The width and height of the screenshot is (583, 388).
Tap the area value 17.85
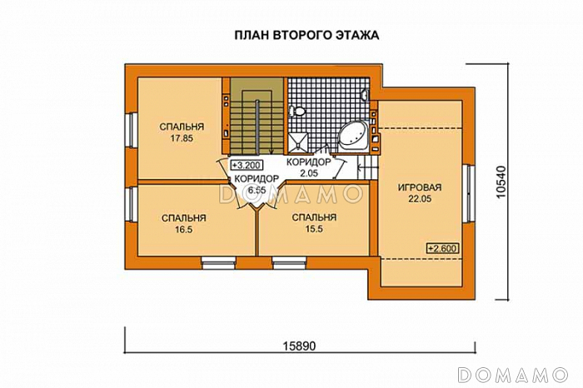[177, 139]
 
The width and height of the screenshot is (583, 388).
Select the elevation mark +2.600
[441, 248]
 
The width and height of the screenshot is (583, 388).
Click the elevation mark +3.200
[246, 165]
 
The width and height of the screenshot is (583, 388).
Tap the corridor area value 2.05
[309, 173]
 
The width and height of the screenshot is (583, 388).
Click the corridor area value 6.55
[256, 190]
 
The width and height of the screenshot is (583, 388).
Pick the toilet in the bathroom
[301, 110]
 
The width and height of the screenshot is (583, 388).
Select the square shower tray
[301, 139]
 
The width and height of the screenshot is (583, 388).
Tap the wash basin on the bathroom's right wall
[365, 95]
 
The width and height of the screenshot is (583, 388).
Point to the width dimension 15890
[301, 345]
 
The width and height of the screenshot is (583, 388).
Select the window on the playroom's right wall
[470, 191]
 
